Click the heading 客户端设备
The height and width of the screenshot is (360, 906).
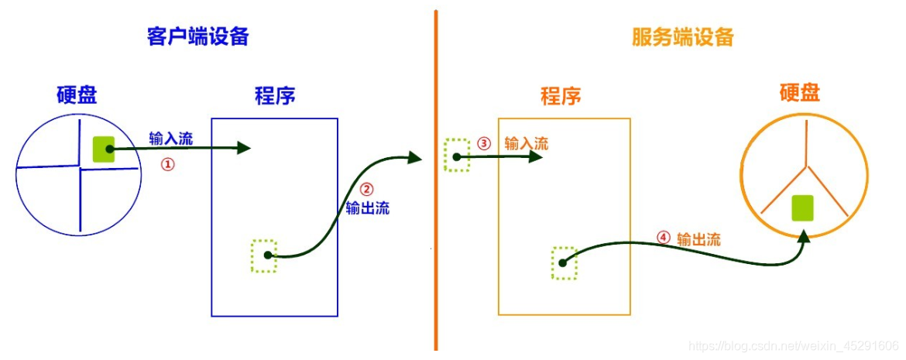pos(198,36)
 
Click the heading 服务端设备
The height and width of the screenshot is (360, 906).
pos(682,37)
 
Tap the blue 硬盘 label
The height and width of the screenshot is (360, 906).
pos(77,95)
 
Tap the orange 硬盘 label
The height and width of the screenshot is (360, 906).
pos(799,94)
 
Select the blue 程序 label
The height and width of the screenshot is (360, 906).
pos(275,96)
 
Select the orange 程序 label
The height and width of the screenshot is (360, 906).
pos(561,97)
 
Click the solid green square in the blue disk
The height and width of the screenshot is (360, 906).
pos(104,149)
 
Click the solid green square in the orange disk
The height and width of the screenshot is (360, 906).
pos(803,208)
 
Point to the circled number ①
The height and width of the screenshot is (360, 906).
pos(168,164)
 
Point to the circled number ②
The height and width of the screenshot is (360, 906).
pos(367,189)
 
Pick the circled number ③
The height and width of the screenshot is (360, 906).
pos(484,143)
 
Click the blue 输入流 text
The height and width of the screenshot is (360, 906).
pos(171,139)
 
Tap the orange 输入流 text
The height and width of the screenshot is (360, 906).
pos(527,143)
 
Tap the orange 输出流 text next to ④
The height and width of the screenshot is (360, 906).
pos(698,239)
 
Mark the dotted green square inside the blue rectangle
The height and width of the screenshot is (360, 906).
pos(264,255)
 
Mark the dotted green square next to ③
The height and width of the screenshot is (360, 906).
pos(457,155)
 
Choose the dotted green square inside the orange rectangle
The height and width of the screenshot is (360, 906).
pos(565,262)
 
